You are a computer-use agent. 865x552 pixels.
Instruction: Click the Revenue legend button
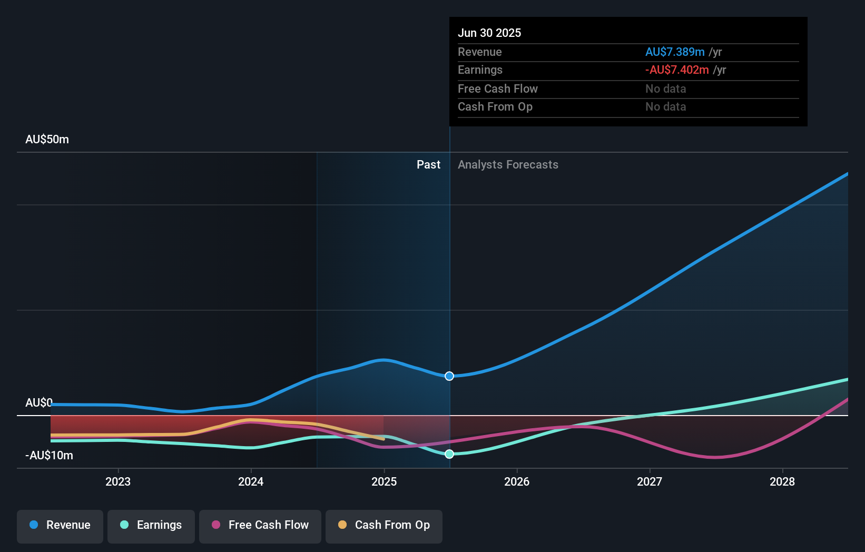tap(60, 526)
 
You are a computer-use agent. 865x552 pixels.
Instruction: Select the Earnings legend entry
tap(151, 526)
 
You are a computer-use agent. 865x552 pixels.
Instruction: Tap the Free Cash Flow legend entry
tap(260, 526)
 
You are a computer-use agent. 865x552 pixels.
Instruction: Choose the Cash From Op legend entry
tap(384, 526)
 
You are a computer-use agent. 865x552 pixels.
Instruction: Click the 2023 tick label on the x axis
tap(118, 482)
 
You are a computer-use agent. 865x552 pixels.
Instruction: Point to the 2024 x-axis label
tap(251, 482)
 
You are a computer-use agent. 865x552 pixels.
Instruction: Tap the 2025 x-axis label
tap(384, 482)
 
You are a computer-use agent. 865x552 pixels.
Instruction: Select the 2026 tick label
tap(517, 482)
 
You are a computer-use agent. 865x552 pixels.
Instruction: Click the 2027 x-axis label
tap(650, 482)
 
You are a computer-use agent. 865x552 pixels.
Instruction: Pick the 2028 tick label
tap(782, 482)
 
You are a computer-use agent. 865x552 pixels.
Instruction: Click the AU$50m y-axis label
tap(47, 140)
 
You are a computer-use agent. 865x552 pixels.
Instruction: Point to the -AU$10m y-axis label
tap(50, 456)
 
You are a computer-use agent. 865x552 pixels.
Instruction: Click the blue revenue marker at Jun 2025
tap(449, 376)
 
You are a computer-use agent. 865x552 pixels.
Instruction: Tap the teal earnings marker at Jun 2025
tap(449, 454)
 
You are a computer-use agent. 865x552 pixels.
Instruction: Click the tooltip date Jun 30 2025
tap(489, 33)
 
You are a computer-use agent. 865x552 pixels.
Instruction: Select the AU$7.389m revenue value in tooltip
tap(675, 52)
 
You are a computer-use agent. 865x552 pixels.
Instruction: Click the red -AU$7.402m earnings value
tap(677, 70)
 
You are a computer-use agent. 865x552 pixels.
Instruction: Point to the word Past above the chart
tap(428, 165)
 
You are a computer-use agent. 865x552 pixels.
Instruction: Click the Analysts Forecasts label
tap(508, 165)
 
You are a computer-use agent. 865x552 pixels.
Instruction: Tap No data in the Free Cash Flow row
tap(666, 89)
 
